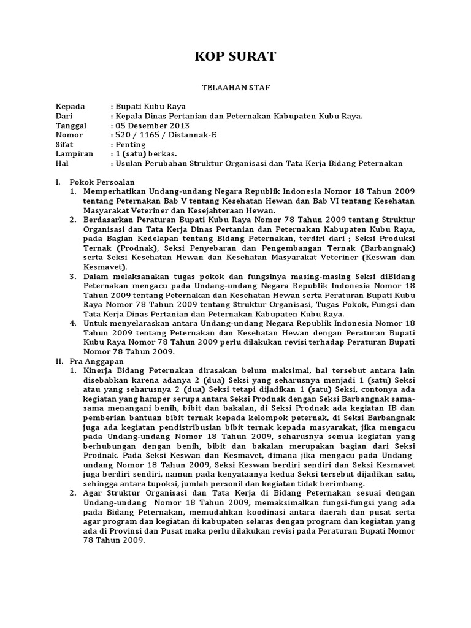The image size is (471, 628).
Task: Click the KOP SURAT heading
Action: point(235,56)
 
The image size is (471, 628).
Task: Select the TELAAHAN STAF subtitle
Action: point(235,88)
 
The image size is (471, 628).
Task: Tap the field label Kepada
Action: point(71,105)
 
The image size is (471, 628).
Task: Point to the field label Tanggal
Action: point(71,125)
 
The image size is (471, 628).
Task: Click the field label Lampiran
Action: point(74,154)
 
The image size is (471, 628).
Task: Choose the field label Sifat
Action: point(65,144)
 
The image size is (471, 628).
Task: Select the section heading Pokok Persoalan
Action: point(102,182)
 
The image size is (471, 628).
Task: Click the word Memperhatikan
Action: point(114,192)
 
